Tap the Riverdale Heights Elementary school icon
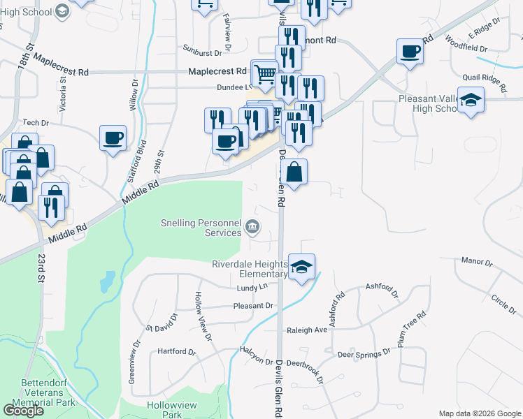point(302,267)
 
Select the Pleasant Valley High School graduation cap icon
point(472,100)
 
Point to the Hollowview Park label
point(165,409)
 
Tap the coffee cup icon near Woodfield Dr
point(410,50)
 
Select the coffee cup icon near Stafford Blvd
point(113,138)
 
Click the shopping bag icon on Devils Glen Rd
point(295,172)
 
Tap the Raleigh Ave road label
point(306,330)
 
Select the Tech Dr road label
point(35,122)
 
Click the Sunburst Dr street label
point(202,52)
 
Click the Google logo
point(22,411)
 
